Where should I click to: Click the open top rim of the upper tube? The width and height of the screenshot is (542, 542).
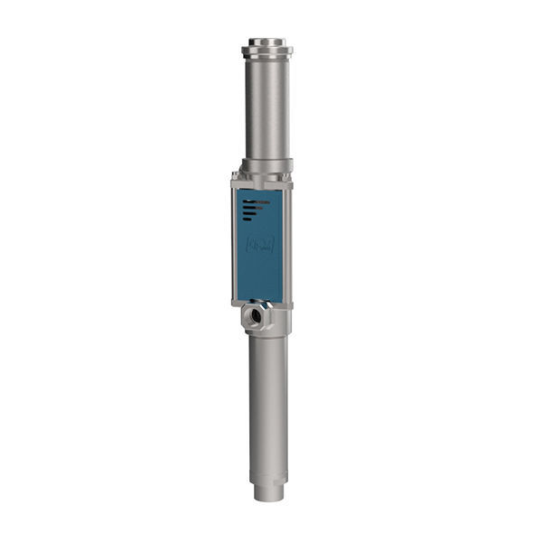click(266, 41)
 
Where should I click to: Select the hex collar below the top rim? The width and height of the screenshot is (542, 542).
click(266, 52)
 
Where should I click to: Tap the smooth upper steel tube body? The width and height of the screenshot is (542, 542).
click(266, 108)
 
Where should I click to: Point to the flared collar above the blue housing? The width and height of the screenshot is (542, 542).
click(266, 166)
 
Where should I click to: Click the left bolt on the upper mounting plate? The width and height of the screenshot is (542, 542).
click(236, 175)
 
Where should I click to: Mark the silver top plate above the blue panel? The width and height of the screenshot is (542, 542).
click(262, 183)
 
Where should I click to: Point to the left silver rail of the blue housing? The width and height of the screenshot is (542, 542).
click(233, 244)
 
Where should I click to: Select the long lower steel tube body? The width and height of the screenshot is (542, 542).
click(268, 397)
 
